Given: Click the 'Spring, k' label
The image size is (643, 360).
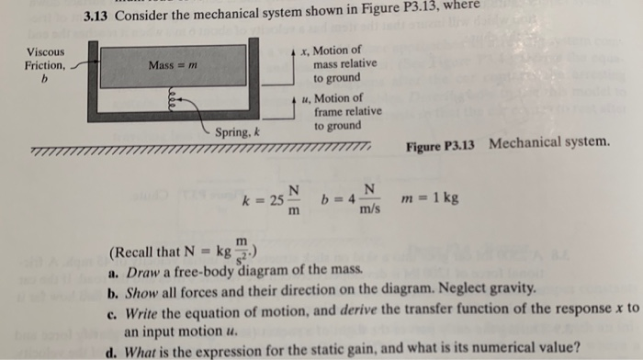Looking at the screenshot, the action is pyautogui.click(x=238, y=133).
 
